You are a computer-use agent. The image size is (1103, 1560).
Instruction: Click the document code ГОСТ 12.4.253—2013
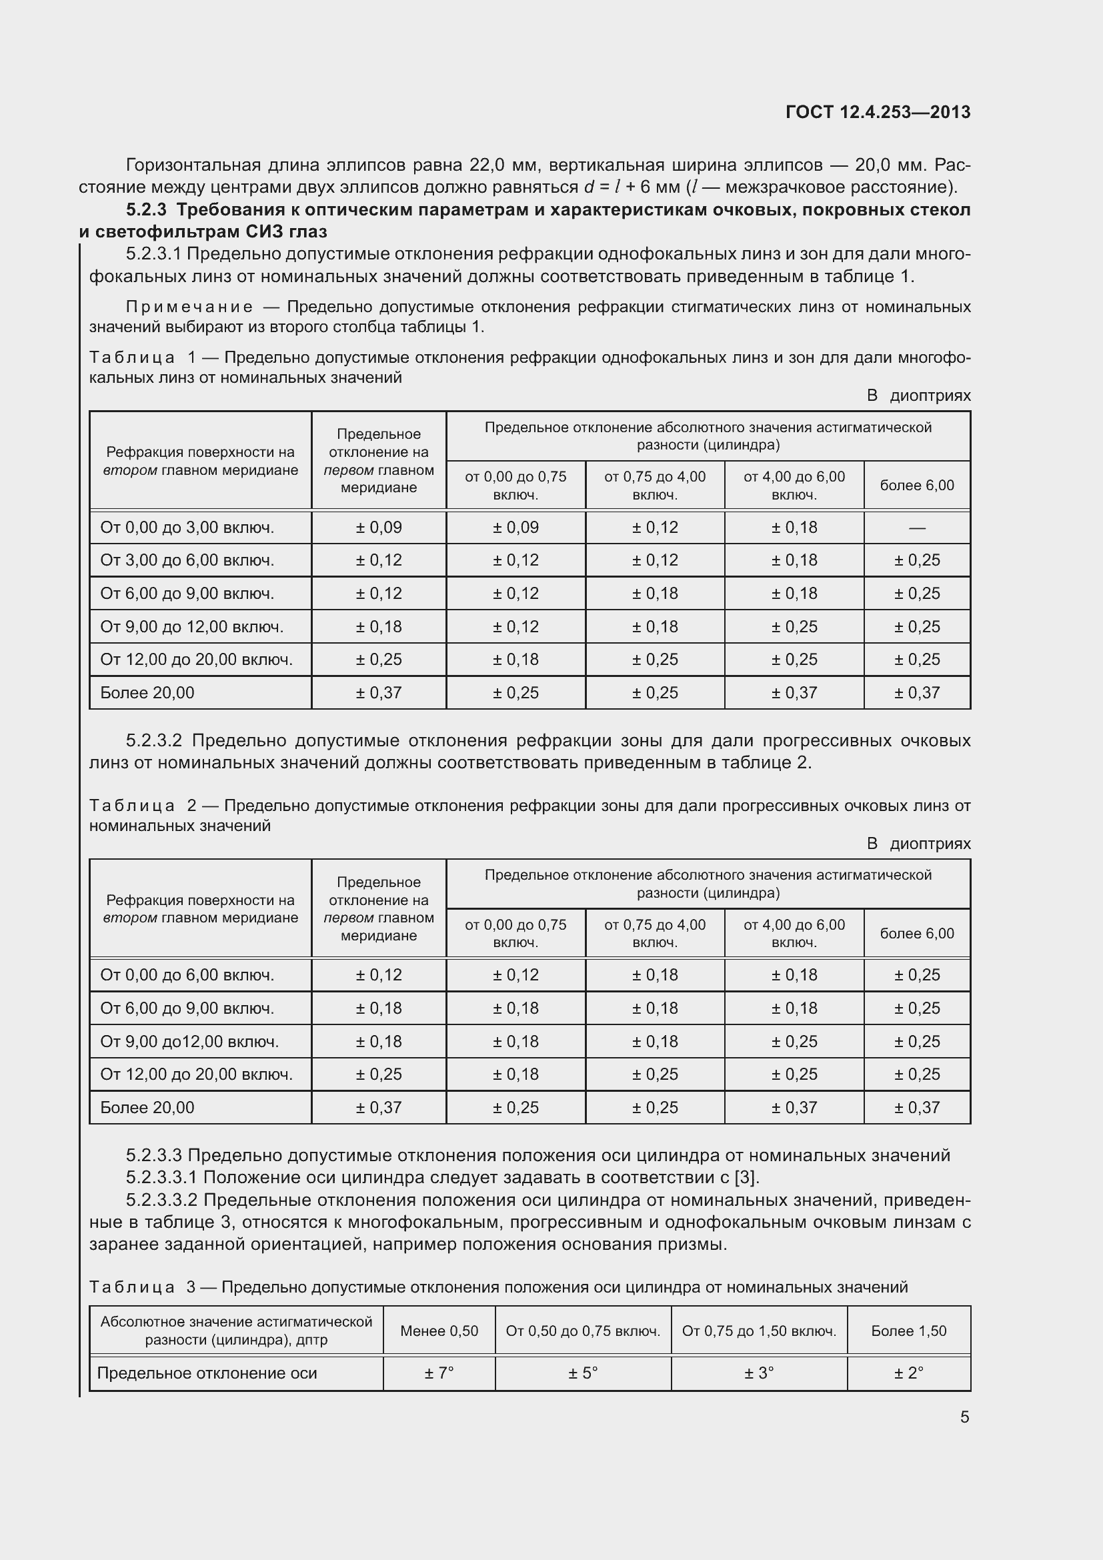[x=878, y=112]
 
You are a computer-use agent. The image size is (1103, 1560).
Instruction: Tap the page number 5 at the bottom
[x=964, y=1417]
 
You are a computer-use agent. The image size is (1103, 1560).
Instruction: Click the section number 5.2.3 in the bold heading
[x=146, y=210]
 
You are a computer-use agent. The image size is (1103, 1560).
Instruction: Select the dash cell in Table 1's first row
[x=916, y=528]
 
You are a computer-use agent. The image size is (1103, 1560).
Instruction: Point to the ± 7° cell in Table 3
[x=439, y=1373]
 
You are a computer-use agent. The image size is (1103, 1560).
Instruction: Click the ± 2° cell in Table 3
[x=908, y=1373]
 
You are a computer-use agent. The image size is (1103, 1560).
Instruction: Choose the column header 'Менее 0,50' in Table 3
[x=439, y=1331]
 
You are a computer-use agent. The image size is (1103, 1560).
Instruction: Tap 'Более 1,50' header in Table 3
[x=908, y=1331]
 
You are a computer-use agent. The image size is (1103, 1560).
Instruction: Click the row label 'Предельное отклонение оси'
[x=207, y=1373]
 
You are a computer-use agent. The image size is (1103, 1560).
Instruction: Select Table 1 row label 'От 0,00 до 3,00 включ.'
[x=187, y=528]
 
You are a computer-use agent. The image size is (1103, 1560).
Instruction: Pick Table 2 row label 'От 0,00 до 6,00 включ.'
[x=187, y=975]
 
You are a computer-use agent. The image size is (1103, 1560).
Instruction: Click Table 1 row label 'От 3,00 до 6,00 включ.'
[x=187, y=560]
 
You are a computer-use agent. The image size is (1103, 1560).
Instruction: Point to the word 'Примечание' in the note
[x=189, y=307]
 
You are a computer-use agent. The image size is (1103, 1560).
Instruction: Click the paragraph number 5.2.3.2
[x=158, y=740]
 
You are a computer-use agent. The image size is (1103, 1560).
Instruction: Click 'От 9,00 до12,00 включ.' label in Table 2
[x=189, y=1042]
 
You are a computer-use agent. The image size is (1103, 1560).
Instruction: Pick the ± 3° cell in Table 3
[x=759, y=1373]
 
